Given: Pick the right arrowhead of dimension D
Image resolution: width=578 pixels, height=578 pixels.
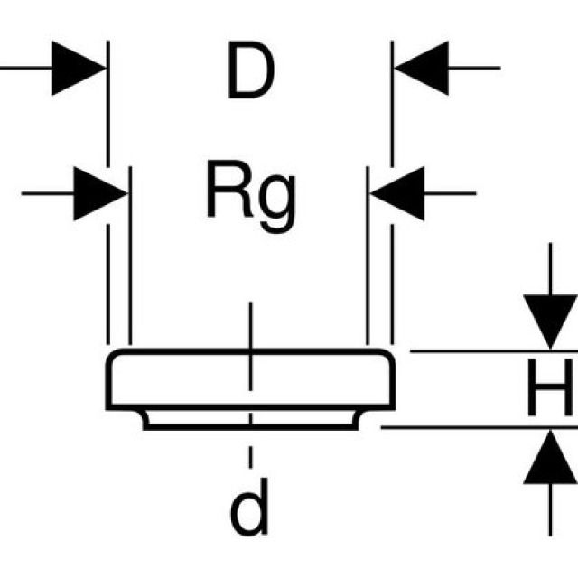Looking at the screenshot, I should (x=420, y=68).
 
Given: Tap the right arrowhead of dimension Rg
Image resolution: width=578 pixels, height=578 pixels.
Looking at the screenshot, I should (x=397, y=192).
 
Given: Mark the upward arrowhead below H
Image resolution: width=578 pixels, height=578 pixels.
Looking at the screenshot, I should (x=551, y=457).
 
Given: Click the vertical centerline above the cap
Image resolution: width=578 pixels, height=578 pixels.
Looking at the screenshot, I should (x=251, y=325).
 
